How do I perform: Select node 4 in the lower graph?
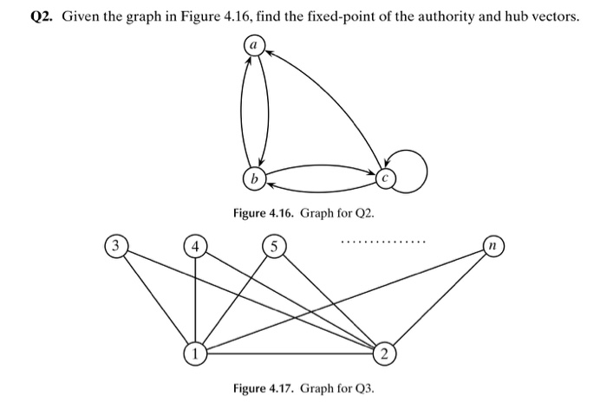[196, 246]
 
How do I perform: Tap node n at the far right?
[494, 245]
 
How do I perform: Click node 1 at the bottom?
[196, 353]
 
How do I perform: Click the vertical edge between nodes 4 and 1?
[196, 299]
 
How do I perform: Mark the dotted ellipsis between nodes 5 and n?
[383, 241]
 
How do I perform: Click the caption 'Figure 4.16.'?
[262, 213]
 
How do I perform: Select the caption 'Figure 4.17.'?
[263, 387]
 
